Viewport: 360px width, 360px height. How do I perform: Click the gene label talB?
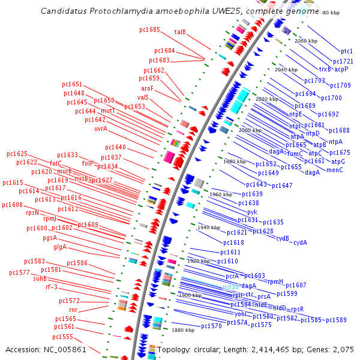coord(180,32)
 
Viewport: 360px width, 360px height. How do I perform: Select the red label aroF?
coord(148,88)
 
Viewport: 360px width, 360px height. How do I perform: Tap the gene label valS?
coord(143,97)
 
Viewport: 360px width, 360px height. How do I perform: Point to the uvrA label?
coord(101,128)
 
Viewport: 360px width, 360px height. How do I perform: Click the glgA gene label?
coord(60,247)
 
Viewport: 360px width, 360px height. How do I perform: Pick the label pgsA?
coord(50,238)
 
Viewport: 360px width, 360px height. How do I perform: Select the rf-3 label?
coord(52,287)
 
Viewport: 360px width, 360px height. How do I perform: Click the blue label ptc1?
coord(347,52)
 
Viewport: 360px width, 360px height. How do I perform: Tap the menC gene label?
coord(335,170)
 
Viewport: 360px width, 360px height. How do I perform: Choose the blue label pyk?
coord(252,212)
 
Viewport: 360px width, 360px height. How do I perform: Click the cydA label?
coord(300,242)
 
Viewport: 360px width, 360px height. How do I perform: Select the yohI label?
coord(240,313)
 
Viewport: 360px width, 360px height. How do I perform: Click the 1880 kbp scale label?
coord(183,330)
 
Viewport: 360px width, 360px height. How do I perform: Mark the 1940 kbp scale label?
coord(209,227)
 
